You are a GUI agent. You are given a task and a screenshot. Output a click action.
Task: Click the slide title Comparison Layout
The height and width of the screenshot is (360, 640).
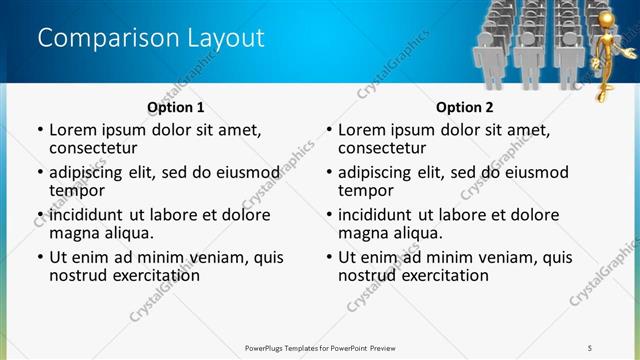click(x=151, y=38)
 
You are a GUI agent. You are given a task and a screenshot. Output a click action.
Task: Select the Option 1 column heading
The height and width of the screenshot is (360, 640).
click(x=175, y=107)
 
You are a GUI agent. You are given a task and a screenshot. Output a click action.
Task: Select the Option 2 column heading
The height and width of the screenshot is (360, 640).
click(x=464, y=107)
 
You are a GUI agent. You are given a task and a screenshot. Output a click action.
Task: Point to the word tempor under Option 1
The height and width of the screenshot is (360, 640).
click(x=77, y=190)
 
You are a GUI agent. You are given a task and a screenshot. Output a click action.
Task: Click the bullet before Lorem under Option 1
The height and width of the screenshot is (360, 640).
click(x=40, y=130)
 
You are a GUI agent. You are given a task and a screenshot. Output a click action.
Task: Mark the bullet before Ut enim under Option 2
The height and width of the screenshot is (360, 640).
click(x=329, y=257)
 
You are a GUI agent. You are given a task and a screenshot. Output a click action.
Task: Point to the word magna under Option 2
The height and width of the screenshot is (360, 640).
click(x=364, y=233)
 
